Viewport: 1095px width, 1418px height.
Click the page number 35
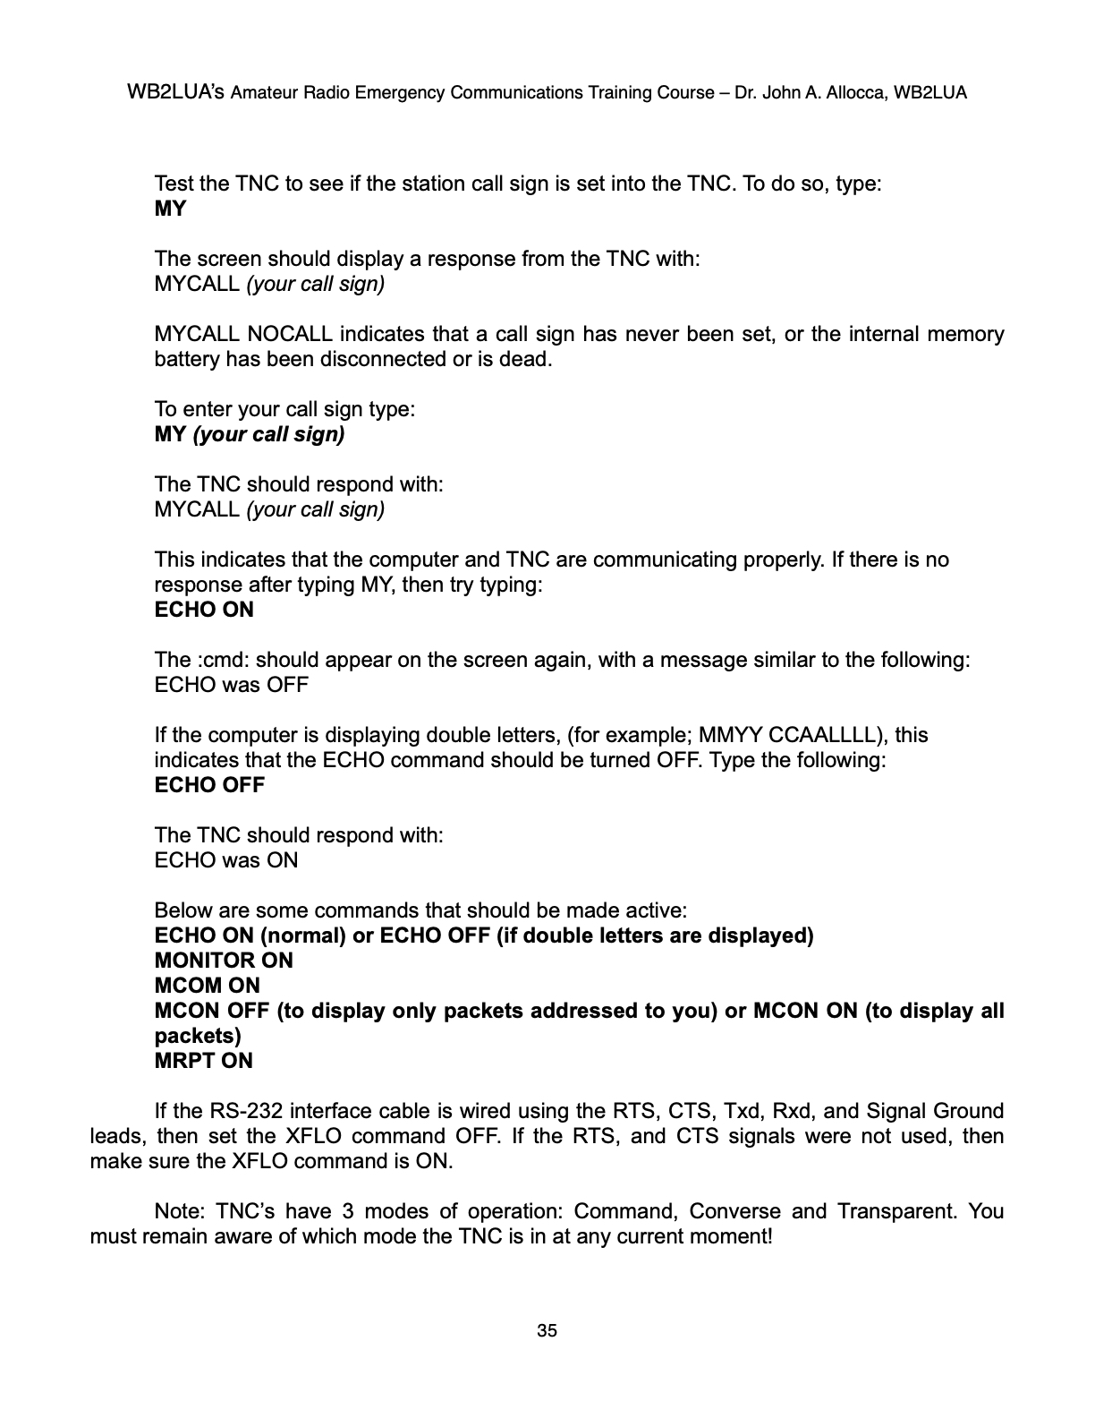547,1331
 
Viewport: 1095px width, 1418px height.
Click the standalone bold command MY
170,209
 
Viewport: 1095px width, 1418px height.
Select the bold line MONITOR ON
224,961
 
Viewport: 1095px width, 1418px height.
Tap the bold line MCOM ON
208,986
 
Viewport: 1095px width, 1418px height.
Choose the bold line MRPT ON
204,1061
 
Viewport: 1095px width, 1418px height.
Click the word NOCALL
289,334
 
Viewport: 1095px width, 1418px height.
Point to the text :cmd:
218,660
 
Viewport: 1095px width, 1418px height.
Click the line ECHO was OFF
232,685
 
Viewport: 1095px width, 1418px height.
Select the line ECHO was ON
226,860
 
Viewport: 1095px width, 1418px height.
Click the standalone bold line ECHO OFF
210,785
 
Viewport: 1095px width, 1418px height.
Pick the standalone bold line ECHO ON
204,610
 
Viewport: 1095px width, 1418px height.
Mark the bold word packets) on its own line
198,1036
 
